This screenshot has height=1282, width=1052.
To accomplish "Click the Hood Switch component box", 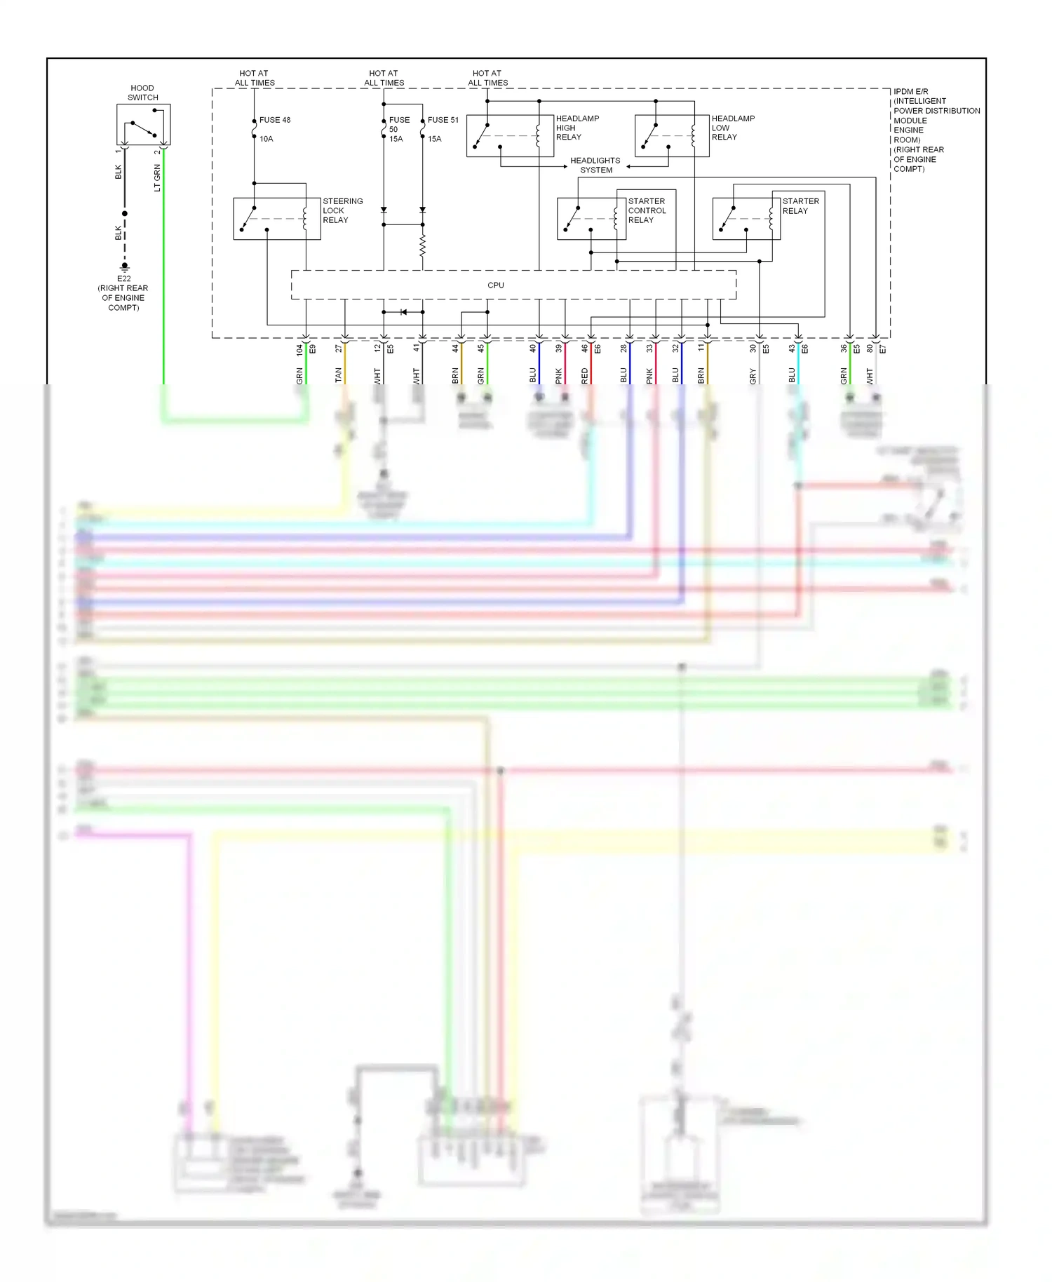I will tap(143, 125).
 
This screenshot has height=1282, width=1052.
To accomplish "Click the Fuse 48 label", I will tap(275, 120).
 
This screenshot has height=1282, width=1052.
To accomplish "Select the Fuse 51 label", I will tap(443, 120).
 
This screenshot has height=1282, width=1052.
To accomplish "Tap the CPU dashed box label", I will tap(496, 285).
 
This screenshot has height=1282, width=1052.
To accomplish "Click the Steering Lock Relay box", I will tap(276, 219).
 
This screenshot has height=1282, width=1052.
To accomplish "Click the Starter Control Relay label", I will tap(647, 210).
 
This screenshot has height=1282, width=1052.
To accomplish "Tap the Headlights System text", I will tap(595, 166).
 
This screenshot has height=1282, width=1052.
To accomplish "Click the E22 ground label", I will tap(124, 278).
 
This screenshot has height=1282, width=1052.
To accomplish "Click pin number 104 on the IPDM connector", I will tap(300, 349).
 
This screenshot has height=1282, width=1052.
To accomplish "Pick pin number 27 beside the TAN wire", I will tap(339, 348).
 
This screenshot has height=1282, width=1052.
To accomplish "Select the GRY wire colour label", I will tap(753, 377).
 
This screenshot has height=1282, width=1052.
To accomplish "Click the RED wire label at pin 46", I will tap(585, 377).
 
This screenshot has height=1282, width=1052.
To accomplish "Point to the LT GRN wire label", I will tap(157, 178).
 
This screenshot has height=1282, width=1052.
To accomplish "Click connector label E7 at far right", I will tap(883, 349).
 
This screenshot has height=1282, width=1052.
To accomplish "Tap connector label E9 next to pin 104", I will tap(313, 349).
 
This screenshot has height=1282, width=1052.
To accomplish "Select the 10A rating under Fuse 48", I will tap(267, 139).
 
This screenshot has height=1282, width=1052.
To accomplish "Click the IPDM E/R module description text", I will tap(936, 130).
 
